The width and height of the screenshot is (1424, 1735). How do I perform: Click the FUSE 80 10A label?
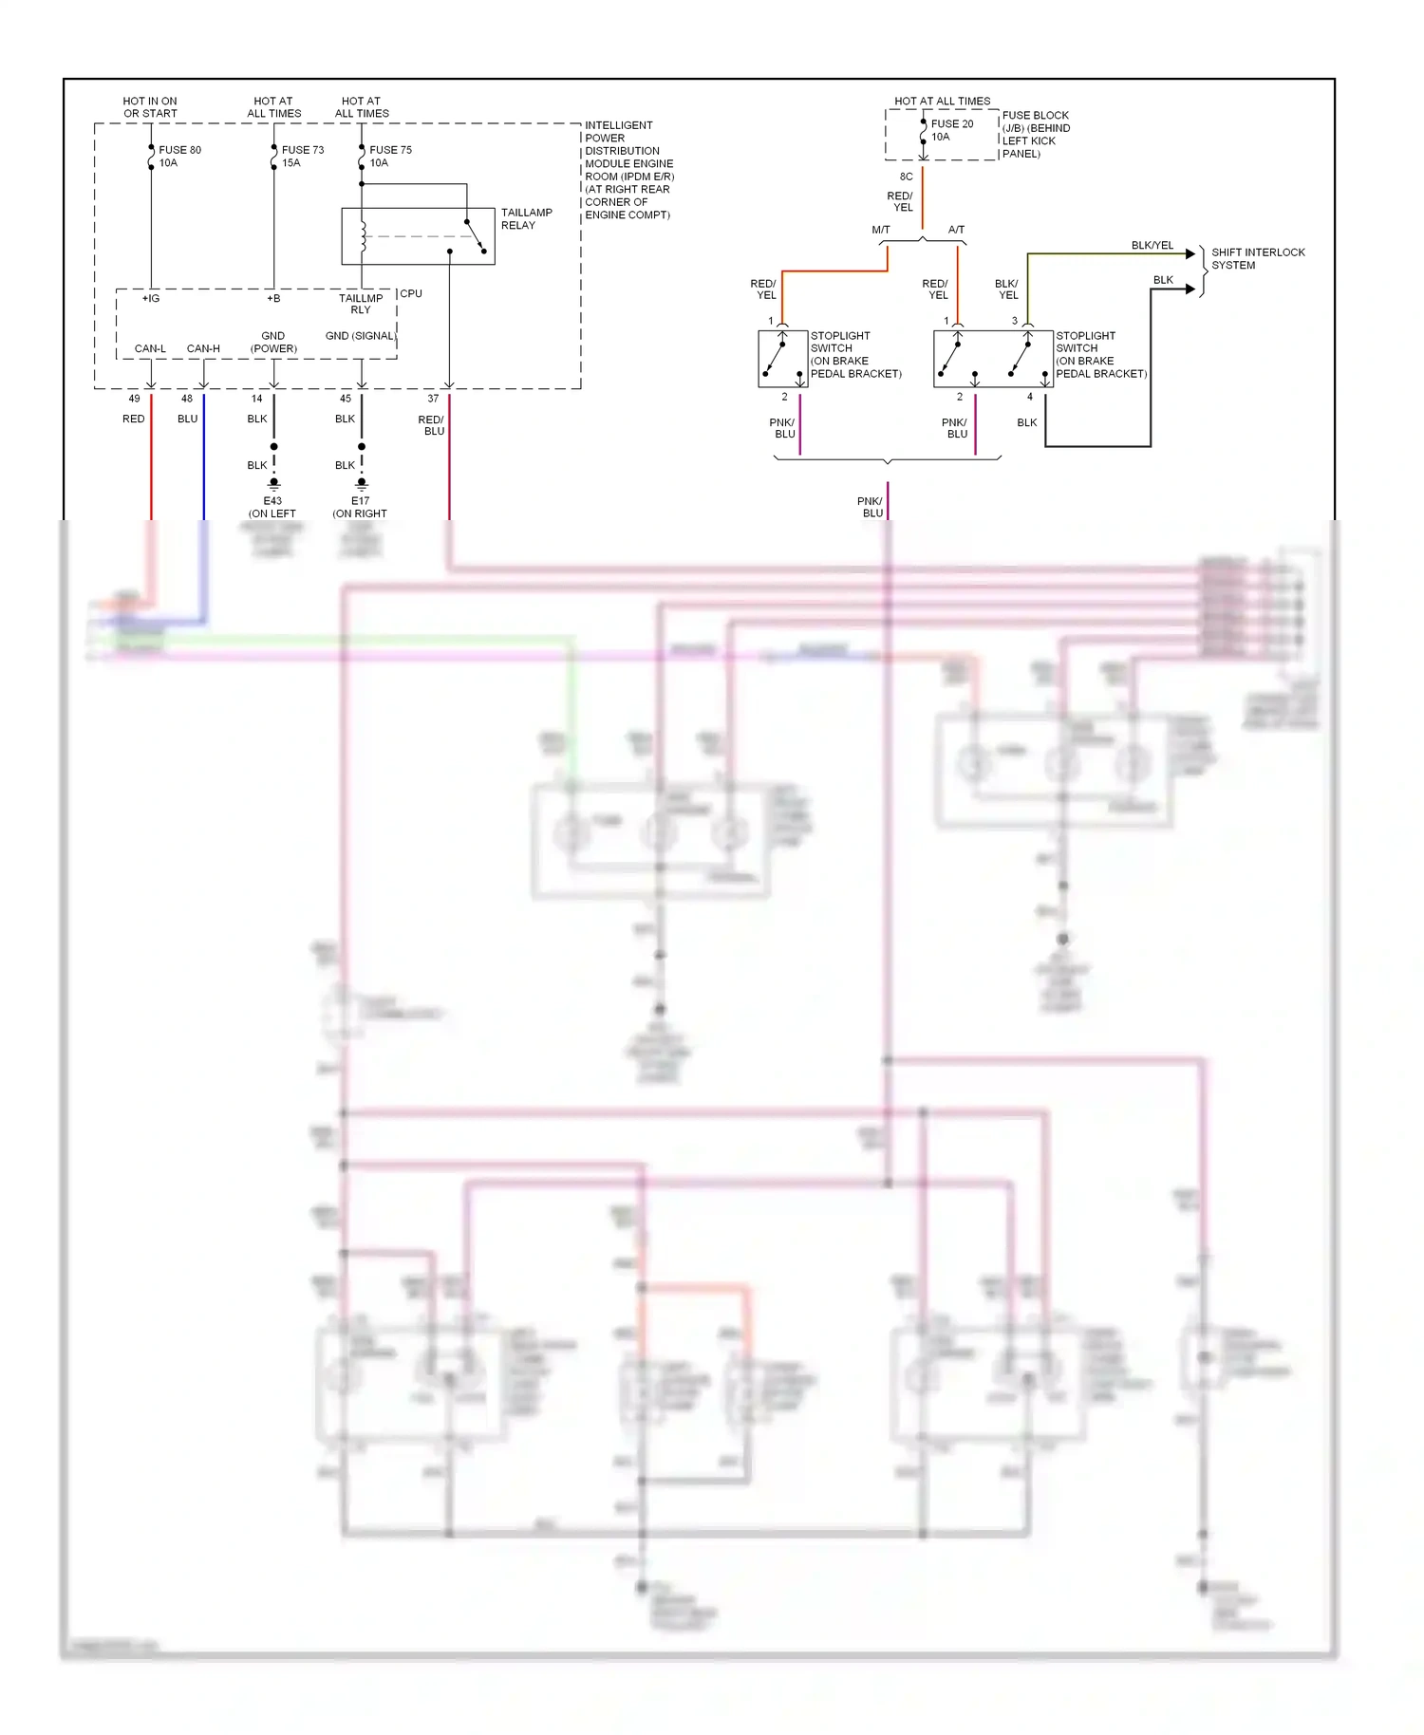(178, 157)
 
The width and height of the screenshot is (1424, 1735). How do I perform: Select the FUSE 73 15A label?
(302, 157)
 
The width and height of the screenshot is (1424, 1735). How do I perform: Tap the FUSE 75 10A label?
(389, 157)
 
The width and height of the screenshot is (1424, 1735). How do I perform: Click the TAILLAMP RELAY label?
(526, 219)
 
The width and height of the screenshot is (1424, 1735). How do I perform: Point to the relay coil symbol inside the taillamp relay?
(363, 236)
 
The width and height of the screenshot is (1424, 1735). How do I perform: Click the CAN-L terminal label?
(150, 348)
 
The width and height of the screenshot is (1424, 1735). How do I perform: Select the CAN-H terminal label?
(203, 348)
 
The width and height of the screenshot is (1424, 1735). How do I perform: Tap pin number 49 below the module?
(134, 399)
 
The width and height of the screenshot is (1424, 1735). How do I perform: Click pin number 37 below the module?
(433, 399)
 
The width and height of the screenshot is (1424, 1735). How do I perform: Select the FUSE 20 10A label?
(951, 130)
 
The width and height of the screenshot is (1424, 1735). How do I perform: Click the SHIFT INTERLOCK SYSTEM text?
(1257, 258)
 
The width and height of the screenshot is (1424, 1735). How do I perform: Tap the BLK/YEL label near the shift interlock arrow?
(1152, 246)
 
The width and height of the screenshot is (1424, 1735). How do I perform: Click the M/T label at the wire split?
(880, 230)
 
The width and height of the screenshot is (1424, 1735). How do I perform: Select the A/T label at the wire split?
(956, 230)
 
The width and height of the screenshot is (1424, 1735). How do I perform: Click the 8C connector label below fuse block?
(906, 177)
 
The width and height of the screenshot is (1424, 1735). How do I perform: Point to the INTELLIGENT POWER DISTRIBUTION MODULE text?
(628, 170)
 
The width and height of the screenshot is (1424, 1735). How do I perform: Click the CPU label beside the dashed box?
(411, 293)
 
